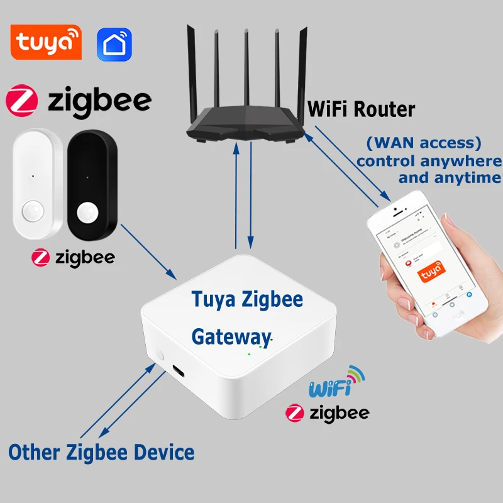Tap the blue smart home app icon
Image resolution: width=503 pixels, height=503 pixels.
[114, 43]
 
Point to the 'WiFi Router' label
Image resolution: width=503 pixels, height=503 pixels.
[361, 109]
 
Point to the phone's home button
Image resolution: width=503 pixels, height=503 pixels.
[452, 311]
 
